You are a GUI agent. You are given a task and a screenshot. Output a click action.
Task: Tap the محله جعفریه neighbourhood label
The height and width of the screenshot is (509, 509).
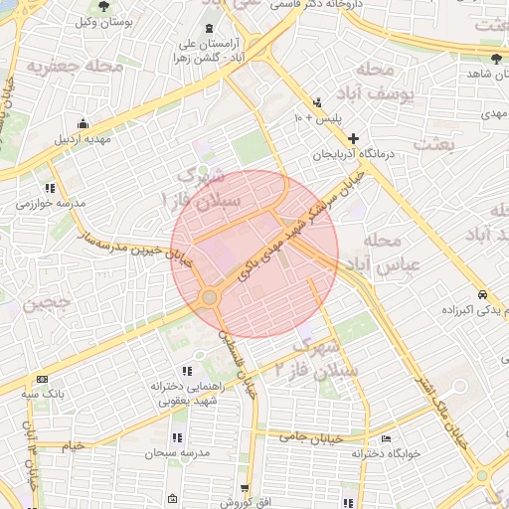76,67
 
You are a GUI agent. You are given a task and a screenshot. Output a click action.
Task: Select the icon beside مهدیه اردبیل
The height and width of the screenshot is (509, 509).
82,124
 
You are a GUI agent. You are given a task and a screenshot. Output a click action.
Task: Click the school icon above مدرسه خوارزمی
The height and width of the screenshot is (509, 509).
50,187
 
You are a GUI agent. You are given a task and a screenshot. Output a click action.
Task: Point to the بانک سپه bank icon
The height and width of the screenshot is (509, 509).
42,379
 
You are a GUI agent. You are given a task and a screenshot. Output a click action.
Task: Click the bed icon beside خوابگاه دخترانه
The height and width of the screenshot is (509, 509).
387,438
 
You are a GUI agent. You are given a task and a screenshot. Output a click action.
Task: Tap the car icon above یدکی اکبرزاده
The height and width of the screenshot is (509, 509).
482,295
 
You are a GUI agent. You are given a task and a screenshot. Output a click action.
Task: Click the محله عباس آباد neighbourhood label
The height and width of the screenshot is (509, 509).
370,254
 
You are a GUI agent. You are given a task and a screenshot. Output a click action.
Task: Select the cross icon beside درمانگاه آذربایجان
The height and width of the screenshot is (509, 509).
352,138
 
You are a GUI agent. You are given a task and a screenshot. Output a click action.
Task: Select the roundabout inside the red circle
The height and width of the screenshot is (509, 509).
209,297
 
